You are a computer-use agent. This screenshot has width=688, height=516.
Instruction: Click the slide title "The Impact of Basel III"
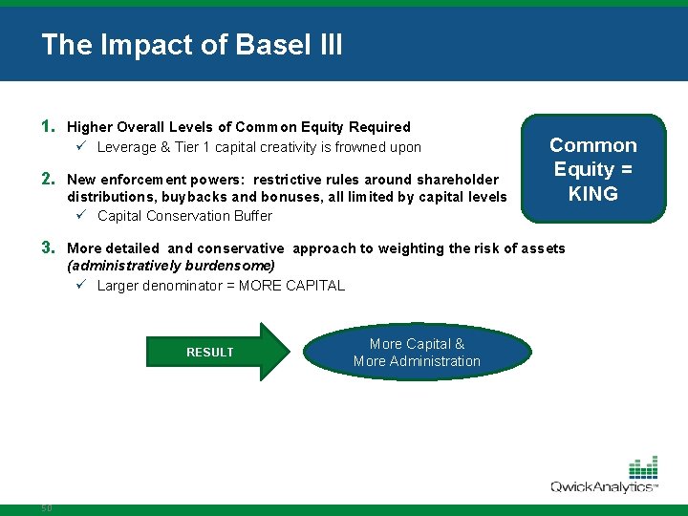(191, 45)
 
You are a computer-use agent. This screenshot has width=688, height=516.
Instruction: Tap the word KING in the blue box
(592, 193)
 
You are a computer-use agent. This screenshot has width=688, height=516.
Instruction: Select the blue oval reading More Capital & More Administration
(417, 352)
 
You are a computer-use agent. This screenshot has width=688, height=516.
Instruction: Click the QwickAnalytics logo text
(603, 486)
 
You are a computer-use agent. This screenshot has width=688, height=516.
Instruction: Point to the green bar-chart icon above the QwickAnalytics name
(642, 467)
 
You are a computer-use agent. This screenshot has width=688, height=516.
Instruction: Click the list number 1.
(47, 126)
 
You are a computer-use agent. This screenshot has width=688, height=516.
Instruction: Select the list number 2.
(47, 179)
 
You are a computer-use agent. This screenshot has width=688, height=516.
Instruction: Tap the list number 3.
(47, 247)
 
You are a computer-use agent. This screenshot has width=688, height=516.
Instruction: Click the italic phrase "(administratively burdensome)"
(171, 266)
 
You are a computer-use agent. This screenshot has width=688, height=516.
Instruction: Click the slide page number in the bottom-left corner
(46, 507)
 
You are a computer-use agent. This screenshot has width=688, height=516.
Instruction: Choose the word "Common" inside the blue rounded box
(592, 145)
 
